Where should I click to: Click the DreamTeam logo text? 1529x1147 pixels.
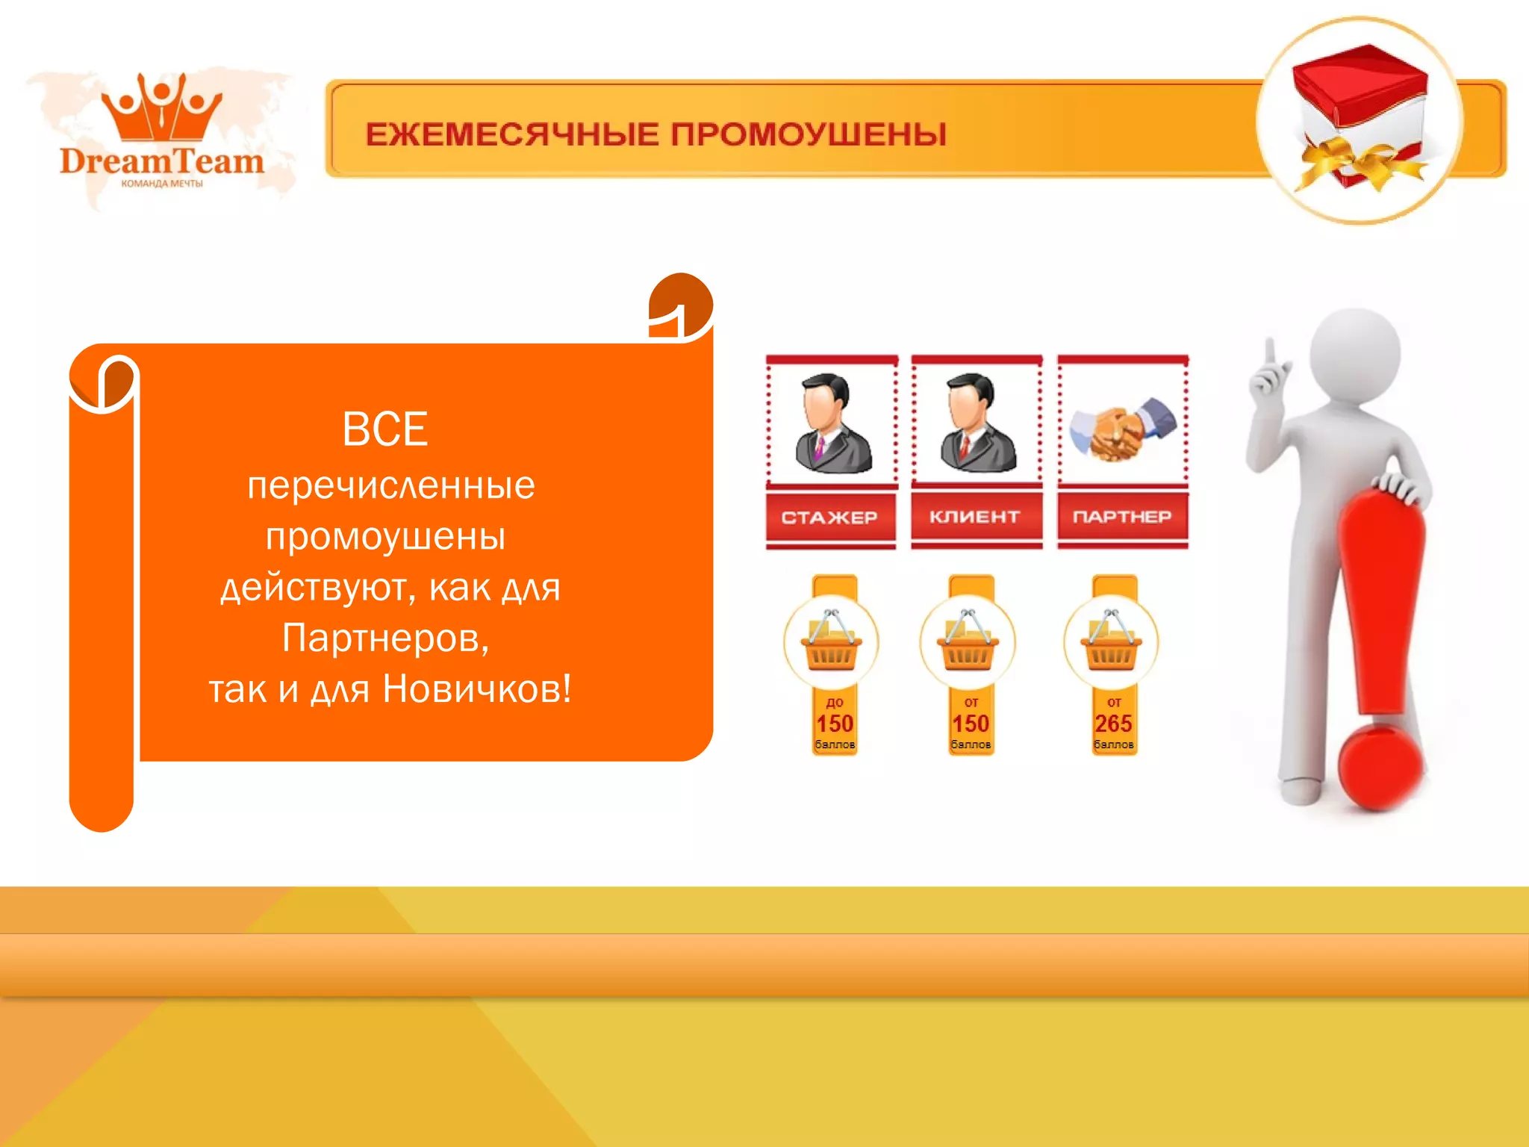pos(162,161)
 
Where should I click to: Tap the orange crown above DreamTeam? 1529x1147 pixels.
pos(162,108)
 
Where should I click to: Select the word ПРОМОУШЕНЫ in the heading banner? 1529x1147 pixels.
pos(808,135)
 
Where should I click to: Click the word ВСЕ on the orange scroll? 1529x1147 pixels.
pos(385,429)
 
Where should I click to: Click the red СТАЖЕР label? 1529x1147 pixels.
pos(829,517)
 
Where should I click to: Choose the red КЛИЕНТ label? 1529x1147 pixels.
pos(975,517)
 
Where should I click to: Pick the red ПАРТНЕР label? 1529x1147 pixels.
pos(1122,517)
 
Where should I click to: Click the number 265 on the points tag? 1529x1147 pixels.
pos(1113,724)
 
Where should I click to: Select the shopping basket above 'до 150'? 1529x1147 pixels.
pos(831,643)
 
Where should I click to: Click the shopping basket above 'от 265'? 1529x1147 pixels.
pos(1112,643)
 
